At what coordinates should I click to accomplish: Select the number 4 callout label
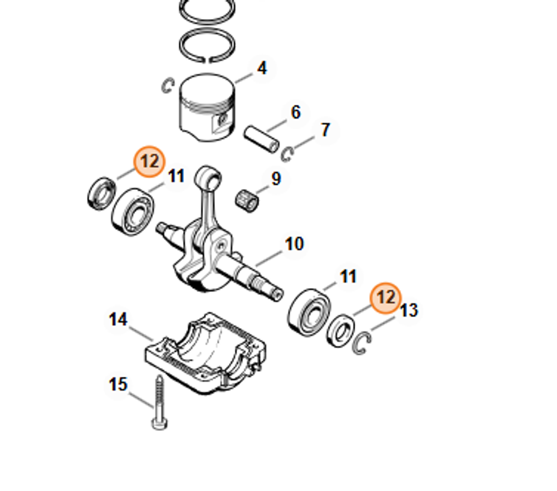click(x=261, y=68)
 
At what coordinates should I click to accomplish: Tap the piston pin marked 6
click(x=262, y=139)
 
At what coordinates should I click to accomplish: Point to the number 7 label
click(x=325, y=130)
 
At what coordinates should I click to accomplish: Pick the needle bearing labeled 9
click(x=247, y=200)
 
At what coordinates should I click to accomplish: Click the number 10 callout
click(x=294, y=244)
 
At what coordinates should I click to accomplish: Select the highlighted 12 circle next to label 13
click(x=386, y=298)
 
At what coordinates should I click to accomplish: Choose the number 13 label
click(x=409, y=310)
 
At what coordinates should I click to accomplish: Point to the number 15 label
click(x=118, y=385)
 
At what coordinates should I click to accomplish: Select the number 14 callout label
click(x=118, y=320)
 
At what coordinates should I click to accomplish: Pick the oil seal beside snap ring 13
click(x=340, y=330)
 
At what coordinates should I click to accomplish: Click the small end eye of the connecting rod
click(x=208, y=178)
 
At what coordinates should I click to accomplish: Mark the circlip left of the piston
click(x=168, y=86)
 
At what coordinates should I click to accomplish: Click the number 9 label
click(x=276, y=179)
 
